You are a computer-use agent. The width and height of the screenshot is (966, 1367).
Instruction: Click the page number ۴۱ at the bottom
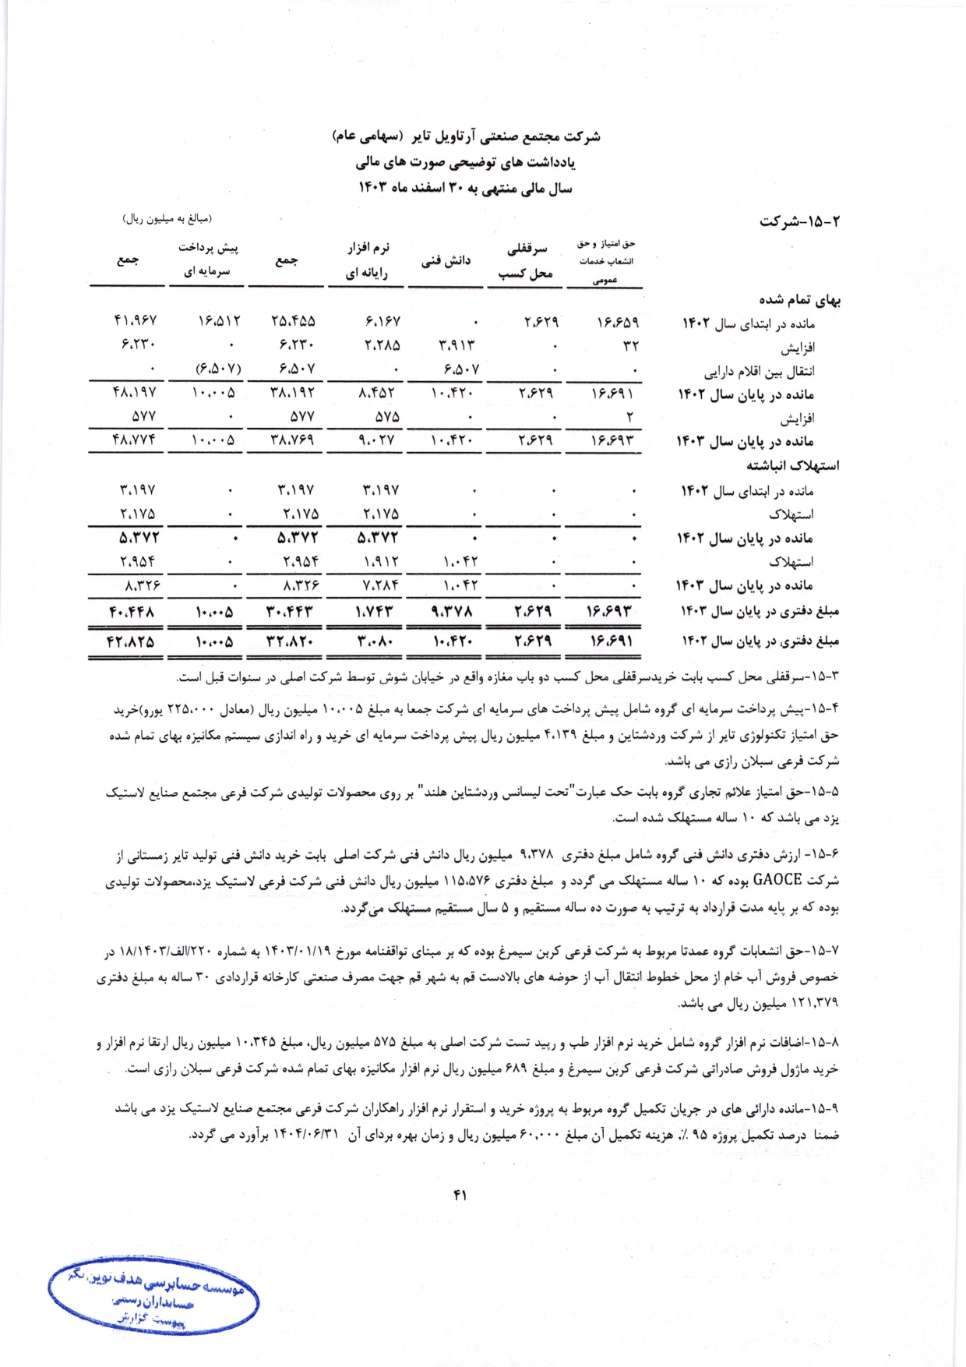coord(460,1194)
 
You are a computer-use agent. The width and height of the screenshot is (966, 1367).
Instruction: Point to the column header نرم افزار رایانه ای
coord(367,260)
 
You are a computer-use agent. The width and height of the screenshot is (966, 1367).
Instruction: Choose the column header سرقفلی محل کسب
coord(527,261)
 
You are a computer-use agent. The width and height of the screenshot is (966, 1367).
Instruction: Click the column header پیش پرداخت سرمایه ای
coord(208,260)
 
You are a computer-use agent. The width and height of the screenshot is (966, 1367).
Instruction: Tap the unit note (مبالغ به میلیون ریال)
coord(167,221)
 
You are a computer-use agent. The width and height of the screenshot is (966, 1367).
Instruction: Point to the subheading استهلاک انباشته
coord(793,466)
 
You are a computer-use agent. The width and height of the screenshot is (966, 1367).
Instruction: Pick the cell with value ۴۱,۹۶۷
coord(135,320)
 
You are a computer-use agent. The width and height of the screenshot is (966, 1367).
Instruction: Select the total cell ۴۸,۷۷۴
coord(134,440)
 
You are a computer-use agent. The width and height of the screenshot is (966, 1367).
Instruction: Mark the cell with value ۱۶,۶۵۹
coord(612,320)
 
